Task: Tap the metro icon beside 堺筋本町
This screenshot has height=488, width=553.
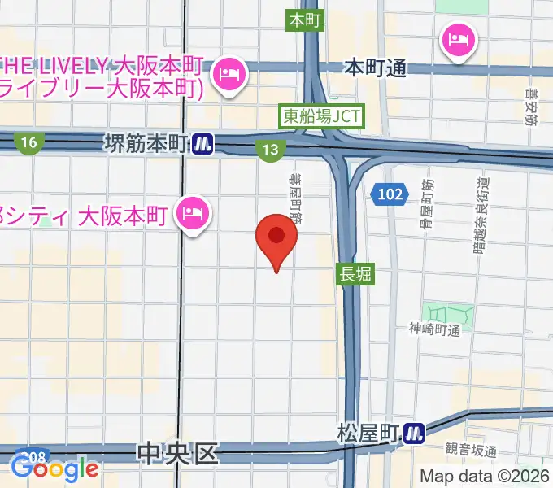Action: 203,144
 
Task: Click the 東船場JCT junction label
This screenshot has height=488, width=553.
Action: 321,116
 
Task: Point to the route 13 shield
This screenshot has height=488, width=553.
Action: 270,149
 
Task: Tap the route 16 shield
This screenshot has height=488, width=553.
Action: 29,143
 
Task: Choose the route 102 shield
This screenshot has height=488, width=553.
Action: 389,195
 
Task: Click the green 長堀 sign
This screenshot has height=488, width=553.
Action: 355,275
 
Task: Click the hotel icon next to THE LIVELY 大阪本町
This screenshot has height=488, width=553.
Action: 226,75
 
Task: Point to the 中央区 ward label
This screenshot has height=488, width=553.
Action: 179,452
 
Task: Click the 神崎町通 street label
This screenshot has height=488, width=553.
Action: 435,329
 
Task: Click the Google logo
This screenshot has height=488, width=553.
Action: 54,469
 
